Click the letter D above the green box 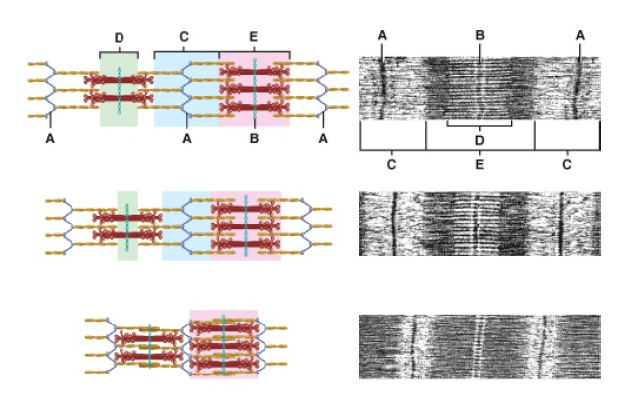[119, 38]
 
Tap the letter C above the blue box [183, 38]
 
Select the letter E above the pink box [254, 38]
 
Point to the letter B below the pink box [254, 140]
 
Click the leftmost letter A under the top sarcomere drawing [50, 140]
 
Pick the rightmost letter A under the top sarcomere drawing [323, 140]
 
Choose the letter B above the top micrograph [480, 35]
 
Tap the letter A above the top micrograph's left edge [382, 35]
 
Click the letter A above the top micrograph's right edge [580, 35]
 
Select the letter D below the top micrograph [479, 140]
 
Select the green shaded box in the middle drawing [127, 225]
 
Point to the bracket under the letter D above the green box [119, 51]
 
